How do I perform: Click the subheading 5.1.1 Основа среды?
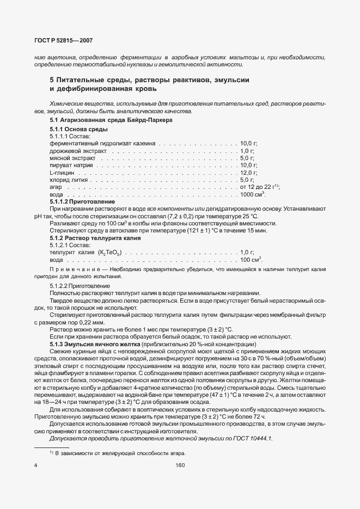pyautogui.click(x=78, y=129)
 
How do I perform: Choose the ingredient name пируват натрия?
pyautogui.click(x=71, y=165)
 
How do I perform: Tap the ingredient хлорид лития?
pyautogui.click(x=69, y=179)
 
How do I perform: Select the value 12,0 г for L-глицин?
pyautogui.click(x=248, y=172)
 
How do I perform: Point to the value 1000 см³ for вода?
pyautogui.click(x=252, y=194)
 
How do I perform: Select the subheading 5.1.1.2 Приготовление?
pyautogui.click(x=82, y=201)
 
